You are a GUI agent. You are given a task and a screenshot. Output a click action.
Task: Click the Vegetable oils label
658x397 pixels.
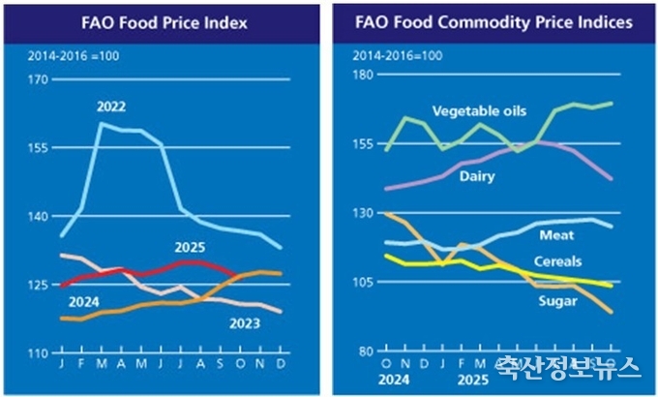click(x=466, y=111)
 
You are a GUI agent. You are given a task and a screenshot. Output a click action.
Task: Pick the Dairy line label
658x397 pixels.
click(x=477, y=176)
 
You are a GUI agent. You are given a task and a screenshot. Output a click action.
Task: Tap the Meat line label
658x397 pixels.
click(x=556, y=235)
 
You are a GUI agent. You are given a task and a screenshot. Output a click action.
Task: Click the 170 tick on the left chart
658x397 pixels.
click(x=39, y=81)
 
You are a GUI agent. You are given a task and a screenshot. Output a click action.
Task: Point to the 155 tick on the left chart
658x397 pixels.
click(x=39, y=149)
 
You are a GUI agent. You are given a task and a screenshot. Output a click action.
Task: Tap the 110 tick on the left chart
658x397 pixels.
click(x=39, y=353)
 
